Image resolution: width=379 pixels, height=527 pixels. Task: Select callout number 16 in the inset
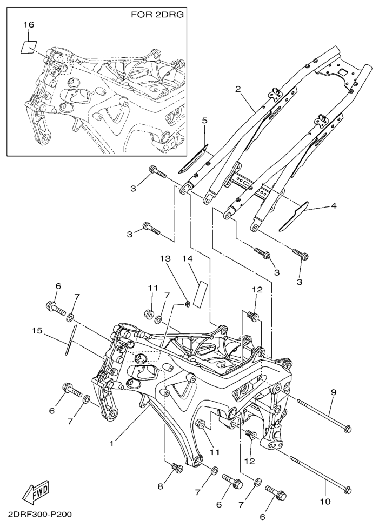click(29, 25)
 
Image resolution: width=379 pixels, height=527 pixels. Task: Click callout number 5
click(204, 121)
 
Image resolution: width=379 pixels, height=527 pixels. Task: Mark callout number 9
click(334, 392)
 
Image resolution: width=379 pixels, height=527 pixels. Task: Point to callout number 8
click(160, 486)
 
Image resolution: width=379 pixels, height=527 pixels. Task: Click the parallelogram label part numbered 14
click(201, 293)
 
